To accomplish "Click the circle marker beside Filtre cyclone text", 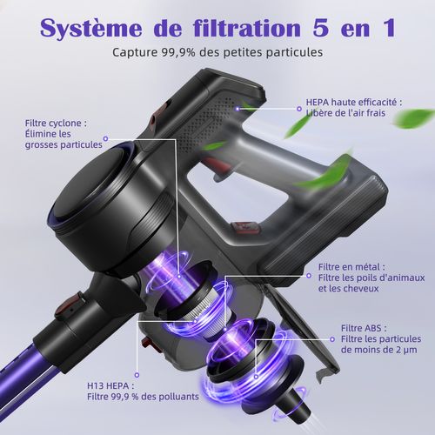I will click(x=105, y=137).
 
